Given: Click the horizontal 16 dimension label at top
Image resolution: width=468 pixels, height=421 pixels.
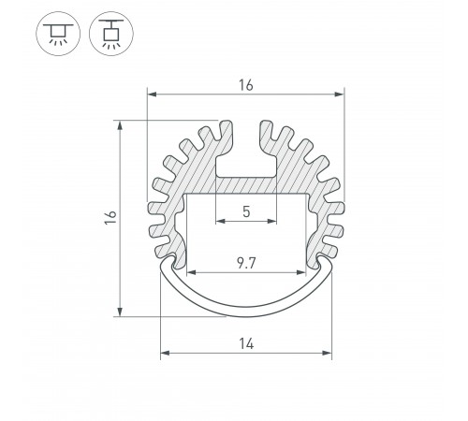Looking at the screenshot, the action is (246, 85).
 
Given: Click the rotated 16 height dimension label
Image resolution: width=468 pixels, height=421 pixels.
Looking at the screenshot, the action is (110, 217).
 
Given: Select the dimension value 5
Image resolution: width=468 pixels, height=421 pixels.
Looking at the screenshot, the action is (246, 211).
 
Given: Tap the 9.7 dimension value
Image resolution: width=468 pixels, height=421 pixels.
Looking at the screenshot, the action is (246, 263).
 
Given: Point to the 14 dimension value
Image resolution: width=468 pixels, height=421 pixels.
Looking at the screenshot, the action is (246, 343).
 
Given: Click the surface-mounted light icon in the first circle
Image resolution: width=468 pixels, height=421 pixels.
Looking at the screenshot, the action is (58, 34).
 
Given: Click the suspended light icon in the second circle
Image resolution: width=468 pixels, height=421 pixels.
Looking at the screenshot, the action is (111, 34).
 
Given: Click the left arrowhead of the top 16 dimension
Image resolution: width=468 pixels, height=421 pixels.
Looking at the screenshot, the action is (152, 94).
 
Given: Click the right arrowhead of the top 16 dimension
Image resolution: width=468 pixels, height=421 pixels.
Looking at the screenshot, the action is (339, 94).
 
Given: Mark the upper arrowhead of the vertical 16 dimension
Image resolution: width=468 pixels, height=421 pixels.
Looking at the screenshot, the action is (120, 124).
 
